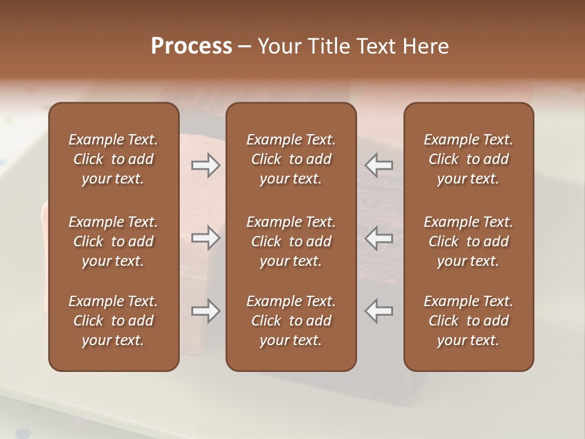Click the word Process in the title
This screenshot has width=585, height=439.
click(x=191, y=46)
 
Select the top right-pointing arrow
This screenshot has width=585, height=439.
click(x=205, y=165)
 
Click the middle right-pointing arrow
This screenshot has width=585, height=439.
click(x=205, y=238)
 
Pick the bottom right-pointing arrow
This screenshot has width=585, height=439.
click(x=205, y=311)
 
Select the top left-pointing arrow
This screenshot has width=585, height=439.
click(x=379, y=165)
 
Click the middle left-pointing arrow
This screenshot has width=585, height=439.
click(x=379, y=238)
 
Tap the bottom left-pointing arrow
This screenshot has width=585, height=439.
click(x=379, y=311)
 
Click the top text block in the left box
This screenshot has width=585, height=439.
click(x=113, y=159)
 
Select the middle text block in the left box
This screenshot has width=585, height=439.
click(x=113, y=241)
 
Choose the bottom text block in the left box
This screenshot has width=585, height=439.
click(x=113, y=321)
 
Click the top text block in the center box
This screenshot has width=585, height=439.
click(x=291, y=159)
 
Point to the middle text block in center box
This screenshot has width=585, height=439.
click(x=291, y=241)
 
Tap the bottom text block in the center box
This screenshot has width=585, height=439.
click(x=291, y=321)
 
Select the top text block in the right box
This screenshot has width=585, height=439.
click(x=468, y=159)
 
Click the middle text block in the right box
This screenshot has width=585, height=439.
click(x=468, y=241)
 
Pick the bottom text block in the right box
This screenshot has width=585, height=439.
click(x=468, y=321)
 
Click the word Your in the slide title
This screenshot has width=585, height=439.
click(x=279, y=46)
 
